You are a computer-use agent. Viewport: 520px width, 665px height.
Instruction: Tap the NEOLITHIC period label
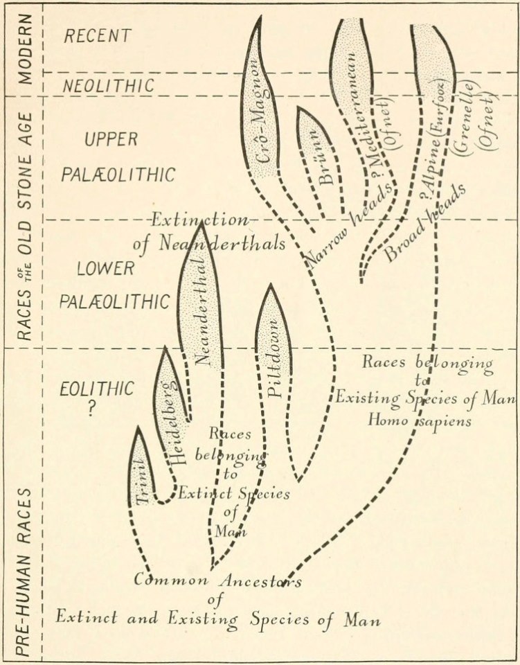click(x=98, y=85)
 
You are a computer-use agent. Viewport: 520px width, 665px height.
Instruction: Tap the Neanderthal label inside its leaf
click(x=201, y=310)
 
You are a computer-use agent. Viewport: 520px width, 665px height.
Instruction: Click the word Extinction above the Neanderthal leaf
click(x=200, y=222)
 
